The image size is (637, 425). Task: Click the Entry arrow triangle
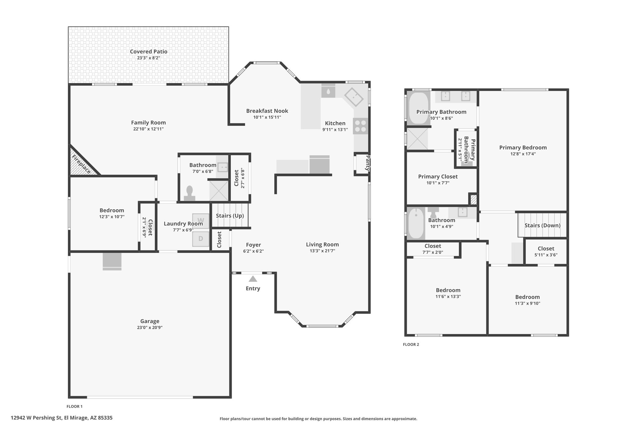coord(253,279)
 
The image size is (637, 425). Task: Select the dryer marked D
coord(201,239)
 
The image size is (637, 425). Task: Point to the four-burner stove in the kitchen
coord(360,126)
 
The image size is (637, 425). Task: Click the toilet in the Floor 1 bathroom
coord(189,193)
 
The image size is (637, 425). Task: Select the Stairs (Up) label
coord(230,215)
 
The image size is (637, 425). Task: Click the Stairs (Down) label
coord(542,225)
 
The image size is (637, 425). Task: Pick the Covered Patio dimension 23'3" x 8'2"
coord(149,58)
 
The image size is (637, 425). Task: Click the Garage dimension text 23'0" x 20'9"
coord(150,328)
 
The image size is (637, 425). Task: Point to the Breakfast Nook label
coord(267,111)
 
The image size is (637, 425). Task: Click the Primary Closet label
coord(438,177)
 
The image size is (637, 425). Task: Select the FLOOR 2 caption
coord(411,344)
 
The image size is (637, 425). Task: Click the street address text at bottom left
coord(62,418)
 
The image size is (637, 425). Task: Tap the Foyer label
coord(253,245)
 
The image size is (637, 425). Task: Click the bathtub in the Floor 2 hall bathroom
coord(416,223)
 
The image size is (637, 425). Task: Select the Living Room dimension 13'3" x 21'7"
coord(322,251)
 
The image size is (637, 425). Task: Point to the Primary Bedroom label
coord(523,148)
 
